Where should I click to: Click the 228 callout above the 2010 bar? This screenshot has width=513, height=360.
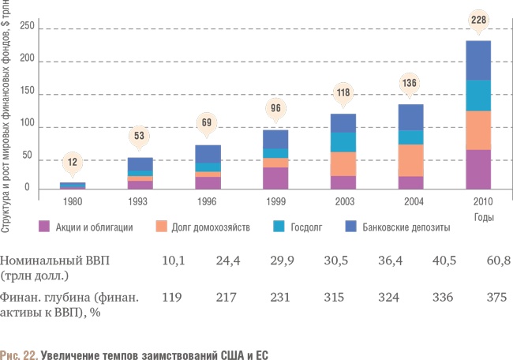[x=479, y=20]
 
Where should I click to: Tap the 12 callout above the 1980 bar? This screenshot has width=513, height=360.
[x=72, y=162]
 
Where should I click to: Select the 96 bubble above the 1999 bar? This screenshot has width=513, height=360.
[x=275, y=109]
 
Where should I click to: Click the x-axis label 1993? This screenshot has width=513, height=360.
[x=140, y=201]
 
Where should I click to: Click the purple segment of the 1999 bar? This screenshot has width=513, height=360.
[x=275, y=178]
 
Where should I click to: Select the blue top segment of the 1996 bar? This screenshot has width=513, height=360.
[x=208, y=154]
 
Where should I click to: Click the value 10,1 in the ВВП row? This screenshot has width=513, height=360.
[x=173, y=259]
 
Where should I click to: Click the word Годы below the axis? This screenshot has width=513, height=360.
[x=484, y=216]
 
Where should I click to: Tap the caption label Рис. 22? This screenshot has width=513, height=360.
[x=17, y=354]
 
